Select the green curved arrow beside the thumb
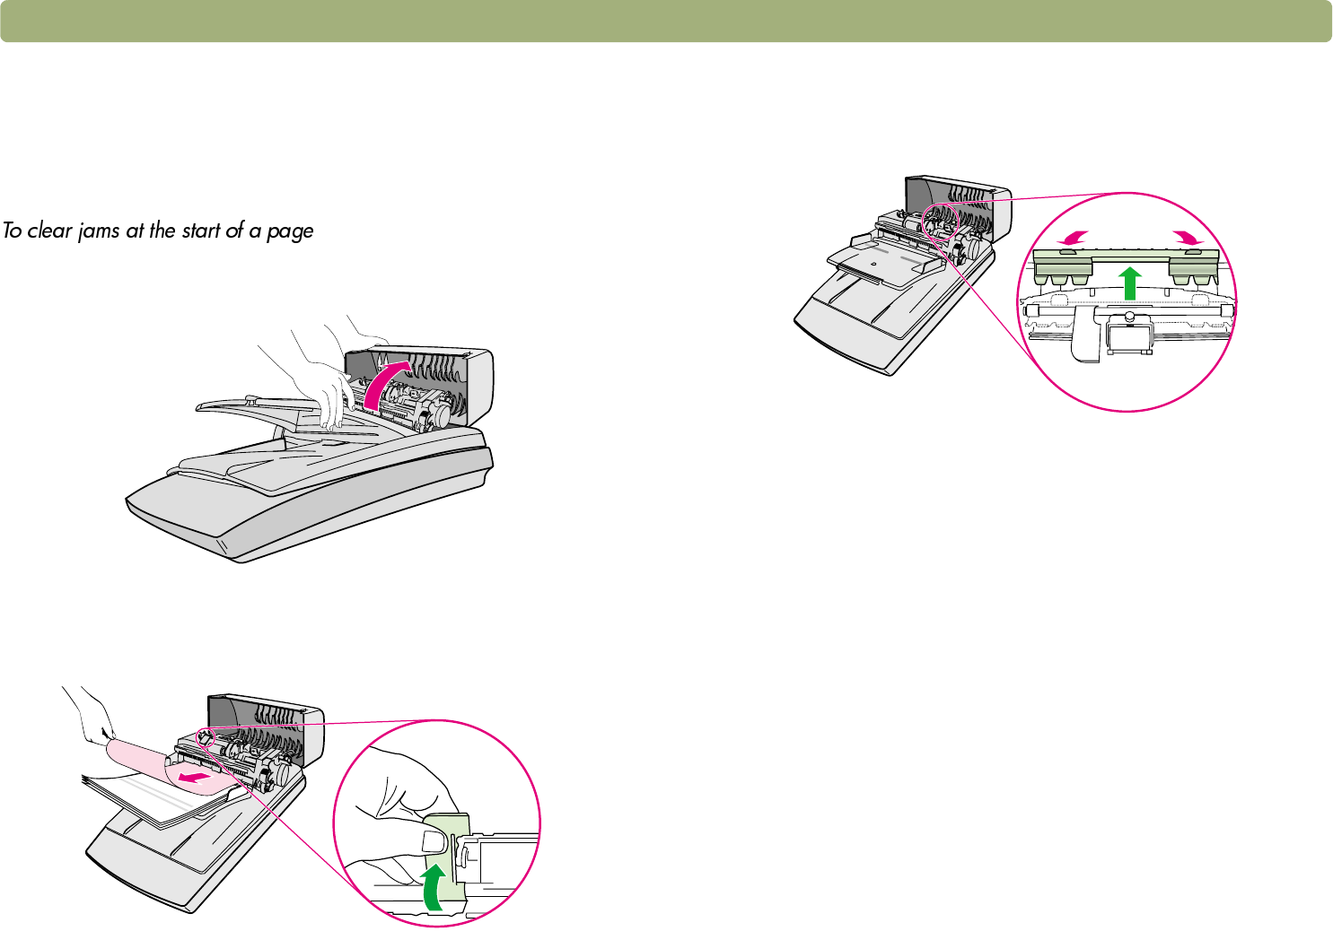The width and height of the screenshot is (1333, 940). [434, 887]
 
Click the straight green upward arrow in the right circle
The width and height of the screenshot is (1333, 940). [1130, 282]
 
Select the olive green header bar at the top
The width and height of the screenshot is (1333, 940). [666, 22]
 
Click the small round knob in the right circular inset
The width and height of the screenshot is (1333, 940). [1129, 316]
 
